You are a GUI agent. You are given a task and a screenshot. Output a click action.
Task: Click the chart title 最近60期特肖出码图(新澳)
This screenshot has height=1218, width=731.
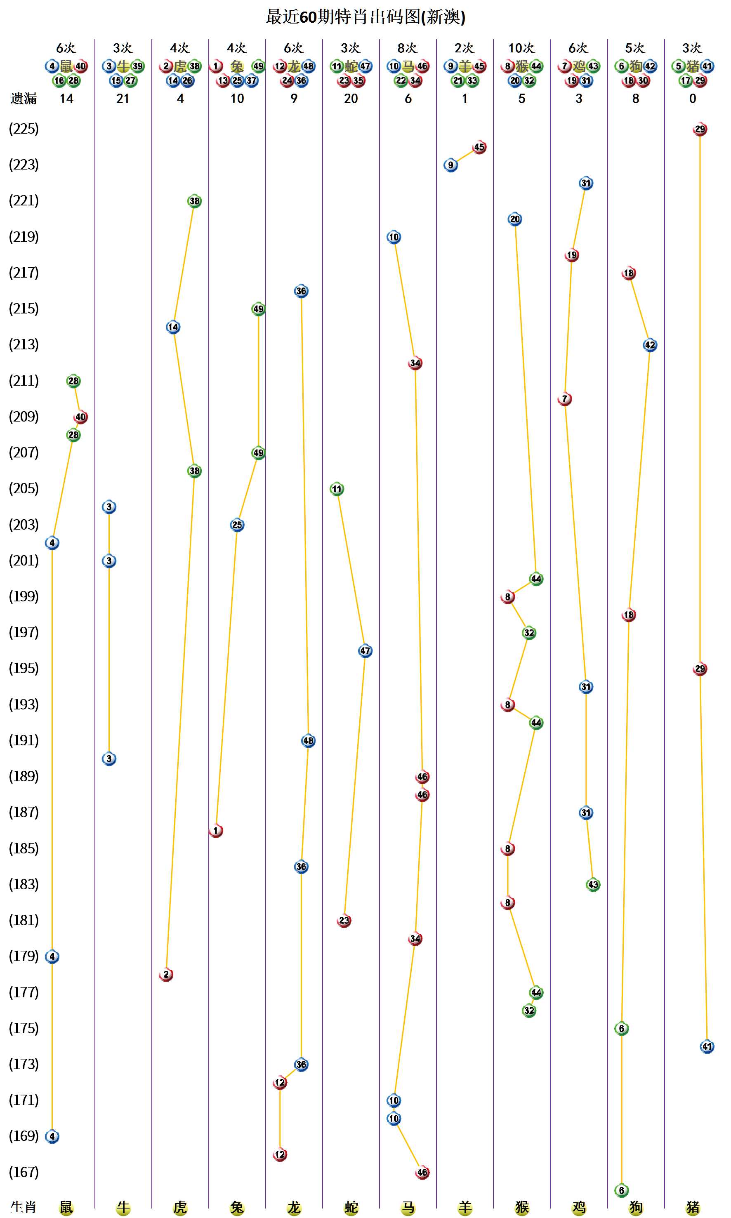(x=365, y=17)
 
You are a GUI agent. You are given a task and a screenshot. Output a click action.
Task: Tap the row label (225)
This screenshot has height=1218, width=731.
(x=24, y=129)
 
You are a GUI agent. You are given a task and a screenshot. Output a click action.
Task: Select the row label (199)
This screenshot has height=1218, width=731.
(x=24, y=596)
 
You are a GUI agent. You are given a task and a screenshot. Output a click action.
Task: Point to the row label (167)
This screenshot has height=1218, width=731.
(x=24, y=1172)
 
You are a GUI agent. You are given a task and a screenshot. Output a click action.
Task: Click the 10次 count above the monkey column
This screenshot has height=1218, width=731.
(x=522, y=48)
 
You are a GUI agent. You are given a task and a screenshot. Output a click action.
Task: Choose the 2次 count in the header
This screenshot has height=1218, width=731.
(x=465, y=48)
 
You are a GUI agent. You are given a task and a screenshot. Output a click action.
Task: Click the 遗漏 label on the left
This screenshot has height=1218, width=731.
(x=24, y=99)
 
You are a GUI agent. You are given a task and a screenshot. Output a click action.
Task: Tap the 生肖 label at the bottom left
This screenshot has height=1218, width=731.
(x=24, y=1207)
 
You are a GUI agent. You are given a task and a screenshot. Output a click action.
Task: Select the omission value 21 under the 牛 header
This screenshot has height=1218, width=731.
(x=123, y=99)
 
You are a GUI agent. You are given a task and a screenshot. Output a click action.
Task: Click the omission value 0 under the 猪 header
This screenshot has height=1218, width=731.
(x=693, y=99)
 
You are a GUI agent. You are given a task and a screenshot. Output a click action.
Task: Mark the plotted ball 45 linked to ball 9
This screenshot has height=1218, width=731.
(x=479, y=147)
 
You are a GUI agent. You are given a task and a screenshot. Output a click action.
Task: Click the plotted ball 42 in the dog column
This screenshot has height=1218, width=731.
(x=650, y=345)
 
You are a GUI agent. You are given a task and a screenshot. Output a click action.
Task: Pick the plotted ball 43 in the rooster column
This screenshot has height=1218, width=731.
(x=593, y=885)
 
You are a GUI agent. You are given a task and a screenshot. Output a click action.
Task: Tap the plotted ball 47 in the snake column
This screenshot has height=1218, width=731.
(x=365, y=650)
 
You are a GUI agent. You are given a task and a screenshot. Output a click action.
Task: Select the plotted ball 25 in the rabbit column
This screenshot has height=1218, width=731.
(x=237, y=525)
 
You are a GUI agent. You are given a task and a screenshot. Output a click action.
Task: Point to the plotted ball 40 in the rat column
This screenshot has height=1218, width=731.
(x=80, y=417)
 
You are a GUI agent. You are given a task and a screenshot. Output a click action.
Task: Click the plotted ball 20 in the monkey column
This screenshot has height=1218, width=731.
(x=515, y=219)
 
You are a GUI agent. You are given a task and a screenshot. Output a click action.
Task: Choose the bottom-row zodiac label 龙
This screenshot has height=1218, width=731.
(x=294, y=1207)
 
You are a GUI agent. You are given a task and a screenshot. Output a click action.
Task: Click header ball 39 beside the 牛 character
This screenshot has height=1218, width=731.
(x=137, y=66)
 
